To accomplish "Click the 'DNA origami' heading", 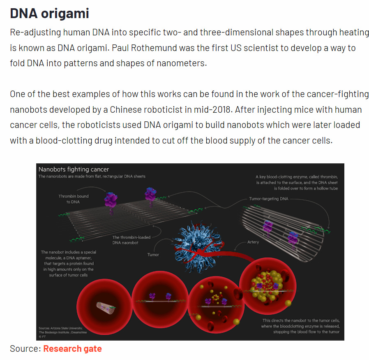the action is (x=49, y=13).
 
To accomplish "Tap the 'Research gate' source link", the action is (x=72, y=349).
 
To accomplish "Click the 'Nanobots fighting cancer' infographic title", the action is (x=74, y=169).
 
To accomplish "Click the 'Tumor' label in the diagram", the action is (x=153, y=255).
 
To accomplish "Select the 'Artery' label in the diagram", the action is (x=253, y=242).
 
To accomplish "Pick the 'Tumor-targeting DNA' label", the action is (x=269, y=199).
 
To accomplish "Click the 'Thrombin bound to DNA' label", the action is (x=74, y=199).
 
